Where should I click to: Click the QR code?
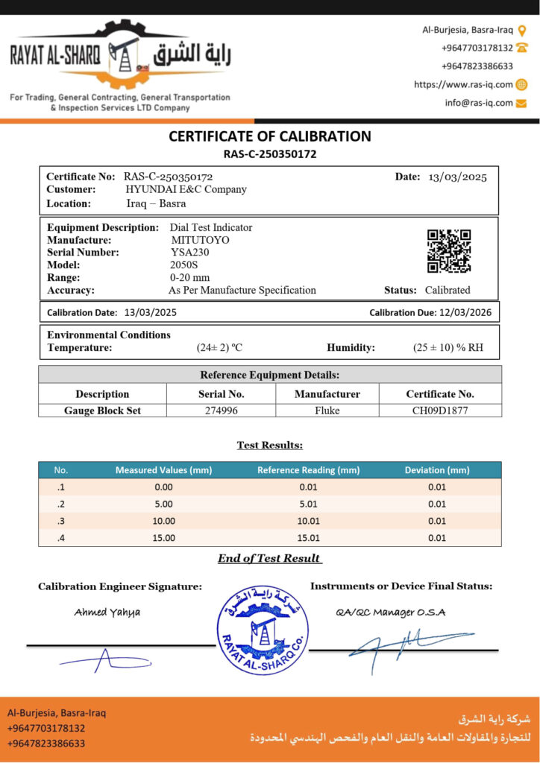[449, 251]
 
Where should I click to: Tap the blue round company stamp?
[263, 619]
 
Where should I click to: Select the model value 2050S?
[183, 265]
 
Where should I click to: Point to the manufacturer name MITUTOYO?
[201, 241]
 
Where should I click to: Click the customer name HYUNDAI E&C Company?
[186, 189]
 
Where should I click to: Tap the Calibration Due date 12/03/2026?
[463, 312]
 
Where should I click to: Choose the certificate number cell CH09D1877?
[440, 410]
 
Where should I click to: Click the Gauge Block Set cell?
[102, 410]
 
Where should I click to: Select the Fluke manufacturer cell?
[327, 410]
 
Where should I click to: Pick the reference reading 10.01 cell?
[308, 521]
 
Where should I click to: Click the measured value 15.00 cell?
[163, 537]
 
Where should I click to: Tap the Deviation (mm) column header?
[437, 470]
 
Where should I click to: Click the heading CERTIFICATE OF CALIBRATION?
[270, 136]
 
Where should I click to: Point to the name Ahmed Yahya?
[107, 612]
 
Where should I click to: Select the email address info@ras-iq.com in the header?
[479, 103]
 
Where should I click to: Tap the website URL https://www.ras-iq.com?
[463, 84]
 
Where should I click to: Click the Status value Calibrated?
[448, 290]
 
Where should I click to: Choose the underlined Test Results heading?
[270, 445]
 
